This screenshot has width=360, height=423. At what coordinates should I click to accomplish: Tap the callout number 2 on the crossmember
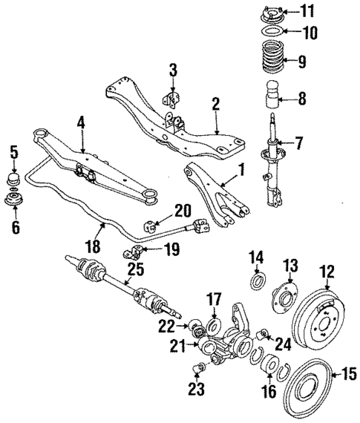[215, 105]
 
